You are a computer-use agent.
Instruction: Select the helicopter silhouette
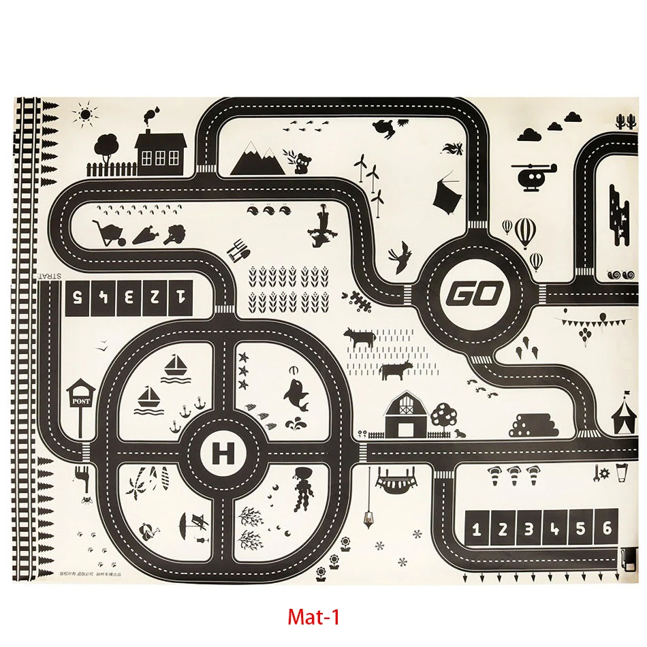tap(533, 175)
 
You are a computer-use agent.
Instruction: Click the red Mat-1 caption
tap(313, 617)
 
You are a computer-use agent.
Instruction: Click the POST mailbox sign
tap(80, 400)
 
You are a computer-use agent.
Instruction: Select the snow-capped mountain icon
tap(257, 159)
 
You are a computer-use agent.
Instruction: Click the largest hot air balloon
tap(525, 232)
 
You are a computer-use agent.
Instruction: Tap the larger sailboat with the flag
tap(177, 364)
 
